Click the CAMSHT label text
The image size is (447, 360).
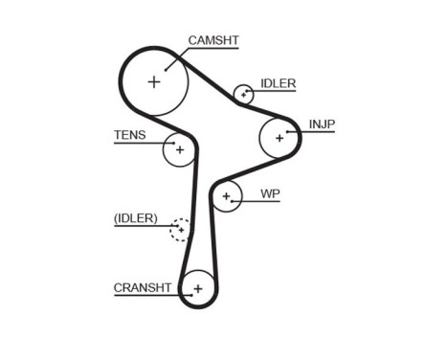tap(212, 40)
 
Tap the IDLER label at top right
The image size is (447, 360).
tap(278, 83)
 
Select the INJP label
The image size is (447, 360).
tap(322, 124)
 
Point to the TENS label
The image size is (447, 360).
tap(130, 135)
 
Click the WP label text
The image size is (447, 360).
tap(270, 193)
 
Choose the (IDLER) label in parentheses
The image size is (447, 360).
tap(135, 218)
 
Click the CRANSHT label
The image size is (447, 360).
tap(143, 286)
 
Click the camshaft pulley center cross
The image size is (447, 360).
tap(154, 81)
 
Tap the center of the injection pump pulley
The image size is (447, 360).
tap(279, 137)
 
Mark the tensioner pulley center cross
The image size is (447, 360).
tap(179, 149)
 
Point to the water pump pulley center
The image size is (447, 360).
tap(226, 198)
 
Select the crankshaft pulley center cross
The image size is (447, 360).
tap(197, 287)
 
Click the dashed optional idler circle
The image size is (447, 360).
tap(180, 230)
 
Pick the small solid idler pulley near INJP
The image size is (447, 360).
tap(244, 94)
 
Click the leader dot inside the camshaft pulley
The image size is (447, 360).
tap(168, 67)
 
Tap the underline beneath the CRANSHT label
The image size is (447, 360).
tap(144, 296)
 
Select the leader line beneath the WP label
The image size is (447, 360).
tap(263, 202)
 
